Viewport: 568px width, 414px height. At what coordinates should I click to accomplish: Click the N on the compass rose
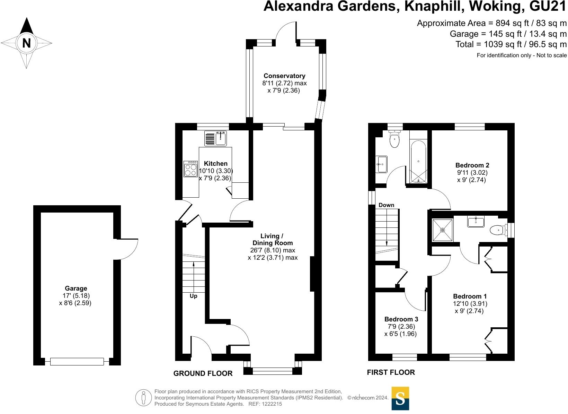pos(26,43)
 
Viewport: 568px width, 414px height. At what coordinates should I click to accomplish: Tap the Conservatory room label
pos(284,76)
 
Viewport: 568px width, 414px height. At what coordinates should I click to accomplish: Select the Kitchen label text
pos(215,163)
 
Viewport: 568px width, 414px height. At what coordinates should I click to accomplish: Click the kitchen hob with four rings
pos(191,169)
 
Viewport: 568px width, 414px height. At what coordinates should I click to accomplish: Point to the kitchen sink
pos(215,138)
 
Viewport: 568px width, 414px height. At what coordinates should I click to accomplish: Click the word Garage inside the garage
pos(76,288)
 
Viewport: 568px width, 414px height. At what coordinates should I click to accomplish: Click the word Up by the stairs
pos(194,296)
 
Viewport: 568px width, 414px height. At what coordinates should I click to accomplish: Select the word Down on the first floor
pos(387,205)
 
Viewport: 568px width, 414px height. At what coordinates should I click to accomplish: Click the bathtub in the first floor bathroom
pos(418,162)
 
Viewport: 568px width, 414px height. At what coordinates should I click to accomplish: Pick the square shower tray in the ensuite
pos(443,230)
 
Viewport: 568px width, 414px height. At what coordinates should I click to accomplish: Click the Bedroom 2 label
pos(472,165)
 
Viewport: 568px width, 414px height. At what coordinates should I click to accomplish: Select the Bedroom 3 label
pos(401,319)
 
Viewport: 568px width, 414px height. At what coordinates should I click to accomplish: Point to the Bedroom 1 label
pos(470,296)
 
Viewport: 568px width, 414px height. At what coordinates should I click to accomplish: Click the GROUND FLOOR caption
pos(203,373)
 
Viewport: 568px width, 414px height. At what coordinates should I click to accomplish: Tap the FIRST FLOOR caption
pos(391,372)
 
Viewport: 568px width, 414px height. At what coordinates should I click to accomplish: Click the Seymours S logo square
pos(400,398)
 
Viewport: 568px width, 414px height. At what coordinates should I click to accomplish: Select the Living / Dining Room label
pos(272,239)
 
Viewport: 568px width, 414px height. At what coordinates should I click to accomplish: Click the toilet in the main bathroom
pos(394,139)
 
